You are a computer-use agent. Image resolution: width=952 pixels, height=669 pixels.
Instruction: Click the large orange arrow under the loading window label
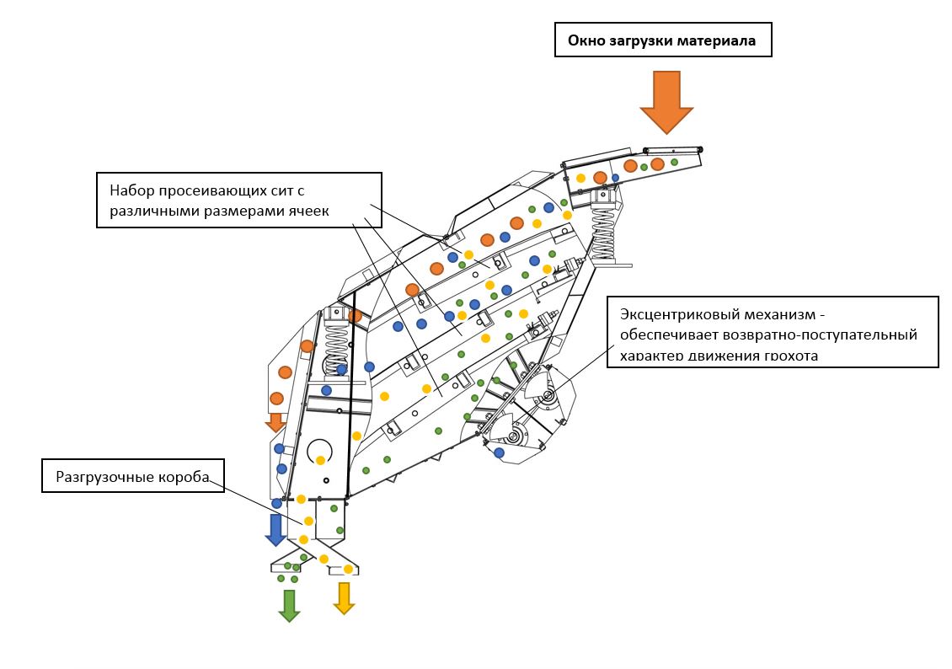666,101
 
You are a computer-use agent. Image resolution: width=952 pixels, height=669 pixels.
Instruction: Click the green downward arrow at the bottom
289,605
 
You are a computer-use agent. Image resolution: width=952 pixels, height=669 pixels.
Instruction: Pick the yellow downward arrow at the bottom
344,597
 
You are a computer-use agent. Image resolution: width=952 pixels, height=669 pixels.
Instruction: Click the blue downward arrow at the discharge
275,529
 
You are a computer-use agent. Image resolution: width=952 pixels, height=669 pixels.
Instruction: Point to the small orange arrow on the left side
275,421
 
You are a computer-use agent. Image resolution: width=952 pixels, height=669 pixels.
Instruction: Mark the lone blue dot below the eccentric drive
500,452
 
